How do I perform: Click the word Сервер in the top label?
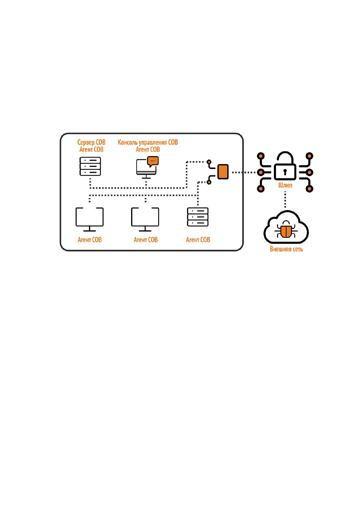(86, 142)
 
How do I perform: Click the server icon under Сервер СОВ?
(90, 166)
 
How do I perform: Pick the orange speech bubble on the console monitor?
(153, 161)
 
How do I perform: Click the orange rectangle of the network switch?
(223, 172)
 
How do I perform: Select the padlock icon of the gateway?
(285, 166)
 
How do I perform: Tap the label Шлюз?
(285, 185)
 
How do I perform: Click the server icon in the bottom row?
(198, 217)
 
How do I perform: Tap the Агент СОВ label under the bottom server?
(198, 240)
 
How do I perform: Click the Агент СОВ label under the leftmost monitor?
(89, 240)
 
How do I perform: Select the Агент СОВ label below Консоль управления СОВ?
(148, 150)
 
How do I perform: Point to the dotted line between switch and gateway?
(243, 173)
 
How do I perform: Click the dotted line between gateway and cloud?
(285, 199)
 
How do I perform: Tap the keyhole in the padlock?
(285, 172)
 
